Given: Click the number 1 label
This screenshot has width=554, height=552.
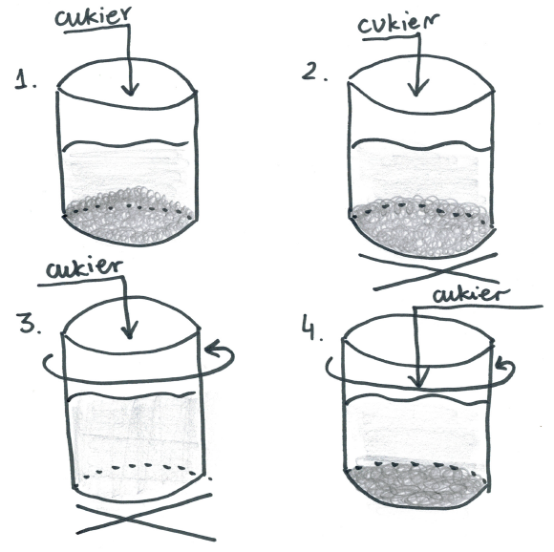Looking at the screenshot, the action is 26,79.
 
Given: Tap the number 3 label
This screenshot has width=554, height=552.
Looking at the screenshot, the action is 31,324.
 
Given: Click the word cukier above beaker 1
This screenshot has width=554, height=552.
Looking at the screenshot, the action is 94,16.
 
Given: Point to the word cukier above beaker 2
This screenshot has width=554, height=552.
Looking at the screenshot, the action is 398,23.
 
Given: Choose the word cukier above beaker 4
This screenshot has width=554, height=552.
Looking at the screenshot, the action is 472,296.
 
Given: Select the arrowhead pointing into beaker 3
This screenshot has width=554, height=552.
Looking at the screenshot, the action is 129,332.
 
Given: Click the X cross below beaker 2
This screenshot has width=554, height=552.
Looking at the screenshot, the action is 437,271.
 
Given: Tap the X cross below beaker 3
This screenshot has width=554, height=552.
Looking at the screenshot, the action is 145,519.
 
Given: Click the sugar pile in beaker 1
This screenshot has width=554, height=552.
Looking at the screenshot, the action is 128,216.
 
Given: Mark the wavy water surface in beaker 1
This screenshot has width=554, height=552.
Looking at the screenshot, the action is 125,144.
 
